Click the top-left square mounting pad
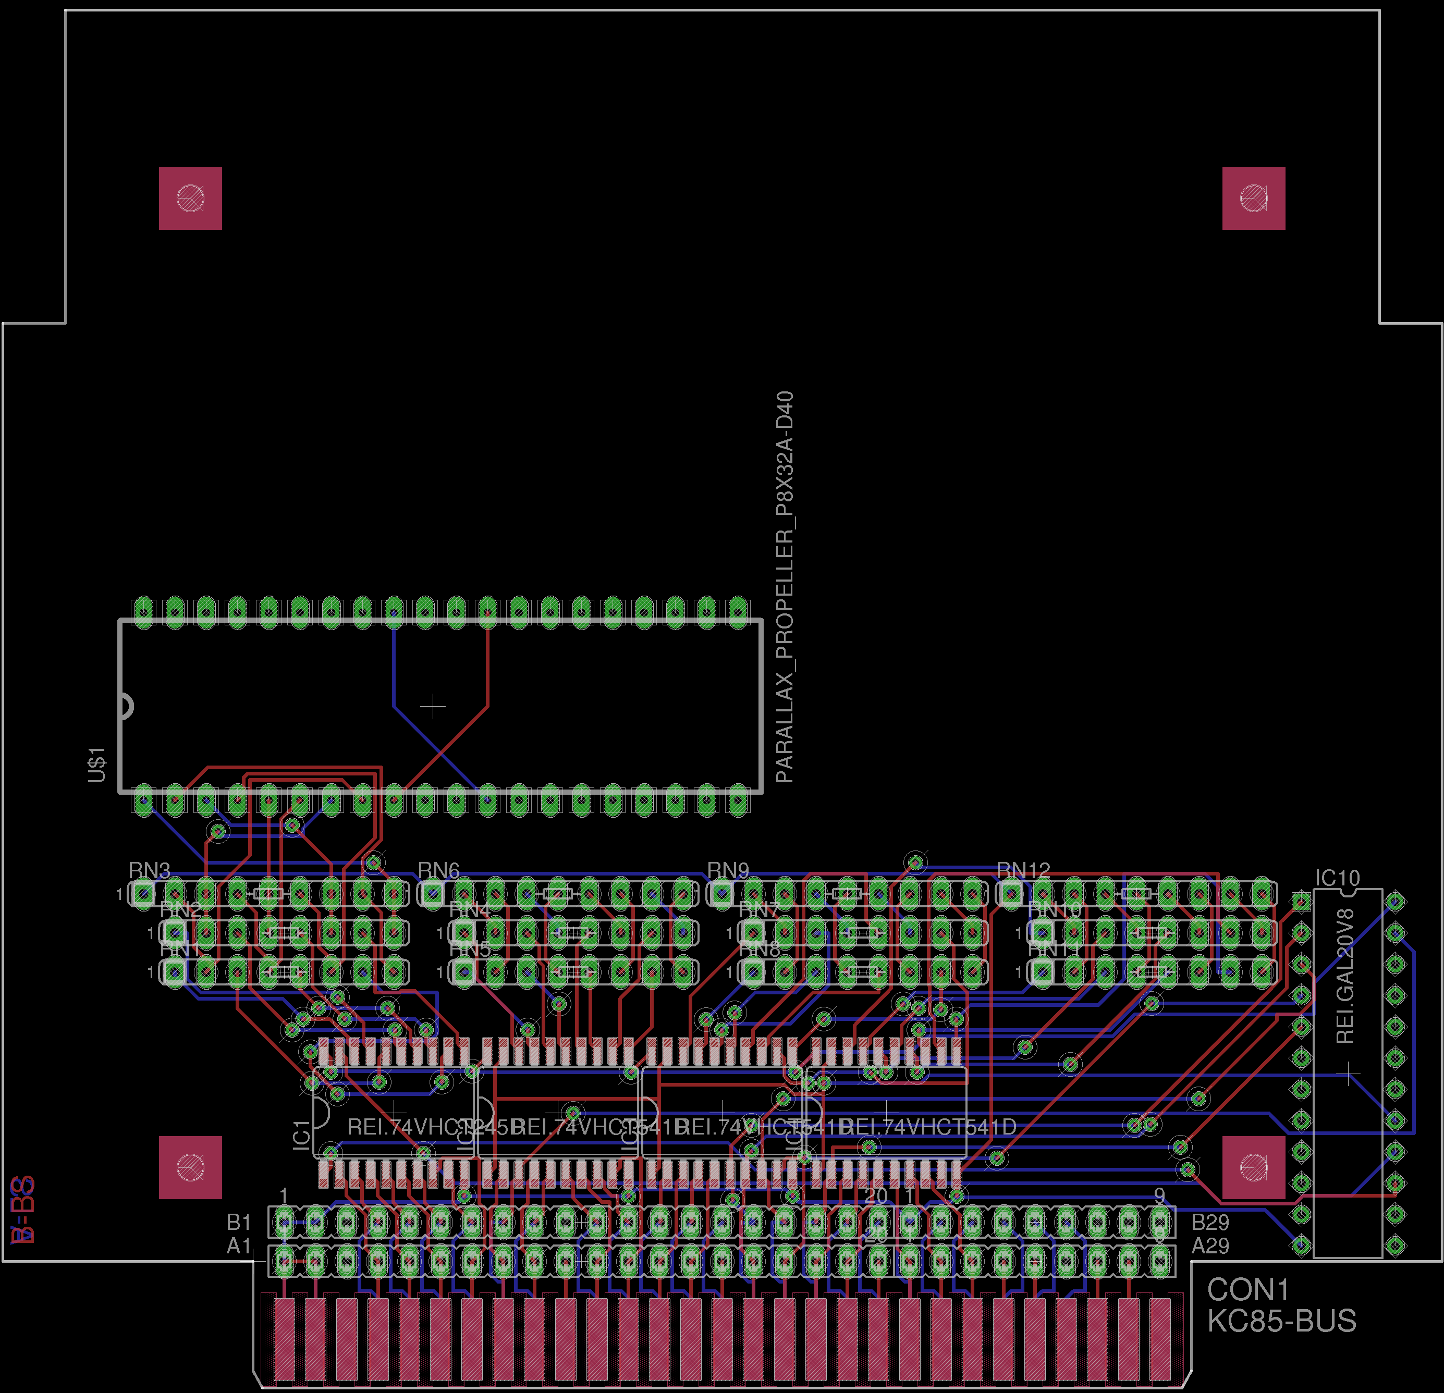pos(190,198)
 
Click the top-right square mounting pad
pos(1253,198)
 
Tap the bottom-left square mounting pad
pos(190,1167)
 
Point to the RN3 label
pos(150,871)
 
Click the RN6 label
pos(438,871)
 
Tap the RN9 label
pos(728,871)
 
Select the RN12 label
pos(1023,871)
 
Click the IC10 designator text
pos(1337,878)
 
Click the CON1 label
pos(1248,1290)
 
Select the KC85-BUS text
pos(1281,1321)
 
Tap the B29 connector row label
pos(1210,1223)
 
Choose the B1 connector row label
pos(239,1223)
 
